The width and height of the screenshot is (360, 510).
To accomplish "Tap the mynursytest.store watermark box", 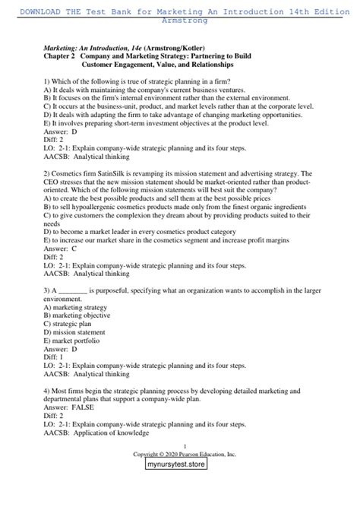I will click(x=179, y=471).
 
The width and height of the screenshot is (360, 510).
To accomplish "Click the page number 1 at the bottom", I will click(x=180, y=447).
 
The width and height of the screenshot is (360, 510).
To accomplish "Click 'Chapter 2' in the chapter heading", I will click(x=62, y=56).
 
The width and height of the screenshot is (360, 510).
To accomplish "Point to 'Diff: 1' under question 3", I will click(x=55, y=356).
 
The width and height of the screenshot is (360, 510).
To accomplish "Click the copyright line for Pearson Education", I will click(x=180, y=455).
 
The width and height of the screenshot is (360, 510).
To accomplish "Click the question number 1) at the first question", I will click(x=48, y=81).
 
